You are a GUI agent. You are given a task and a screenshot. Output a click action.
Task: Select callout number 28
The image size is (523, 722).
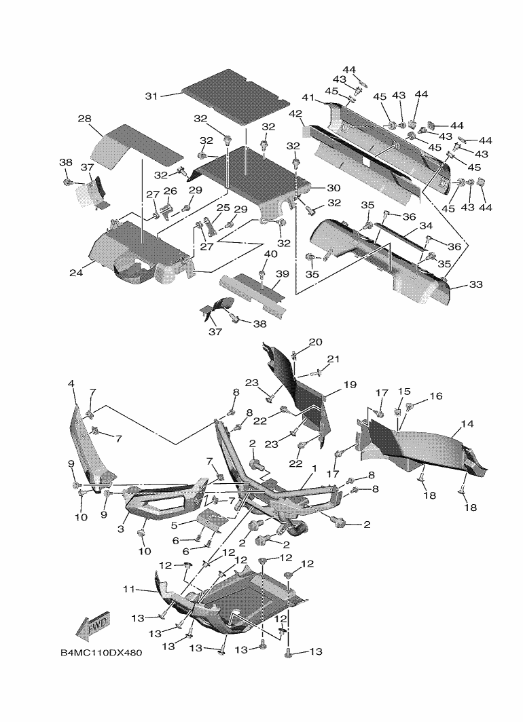click(84, 119)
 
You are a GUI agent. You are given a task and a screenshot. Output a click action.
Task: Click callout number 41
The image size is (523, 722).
click(308, 98)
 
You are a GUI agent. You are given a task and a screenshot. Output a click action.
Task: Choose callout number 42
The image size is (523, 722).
click(295, 113)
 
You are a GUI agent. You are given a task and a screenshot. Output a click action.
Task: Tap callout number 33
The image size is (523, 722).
click(475, 285)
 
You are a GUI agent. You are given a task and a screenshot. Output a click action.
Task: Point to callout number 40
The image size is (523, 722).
click(270, 254)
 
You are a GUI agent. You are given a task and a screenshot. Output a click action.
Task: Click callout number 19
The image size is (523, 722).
click(350, 385)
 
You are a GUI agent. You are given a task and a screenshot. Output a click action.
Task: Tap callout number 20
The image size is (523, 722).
click(316, 342)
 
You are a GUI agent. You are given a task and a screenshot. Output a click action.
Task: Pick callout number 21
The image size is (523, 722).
click(333, 359)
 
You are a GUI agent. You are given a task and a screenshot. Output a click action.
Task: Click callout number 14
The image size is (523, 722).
click(467, 424)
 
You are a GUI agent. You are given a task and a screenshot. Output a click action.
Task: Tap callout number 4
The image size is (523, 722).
click(71, 384)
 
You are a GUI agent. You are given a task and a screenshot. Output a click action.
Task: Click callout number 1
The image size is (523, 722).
click(314, 468)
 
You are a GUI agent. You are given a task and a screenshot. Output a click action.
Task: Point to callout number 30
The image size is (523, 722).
click(333, 188)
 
